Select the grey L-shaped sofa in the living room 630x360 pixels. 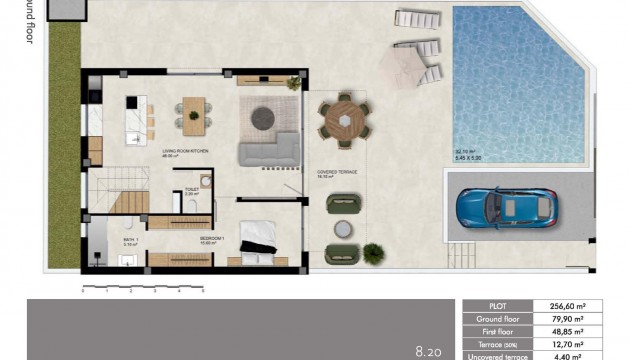[x=267, y=149]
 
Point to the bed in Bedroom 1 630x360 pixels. [x=257, y=243]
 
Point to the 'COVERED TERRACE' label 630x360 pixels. [x=338, y=172]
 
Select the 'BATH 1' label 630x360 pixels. [x=130, y=239]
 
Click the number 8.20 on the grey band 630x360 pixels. [x=428, y=350]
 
